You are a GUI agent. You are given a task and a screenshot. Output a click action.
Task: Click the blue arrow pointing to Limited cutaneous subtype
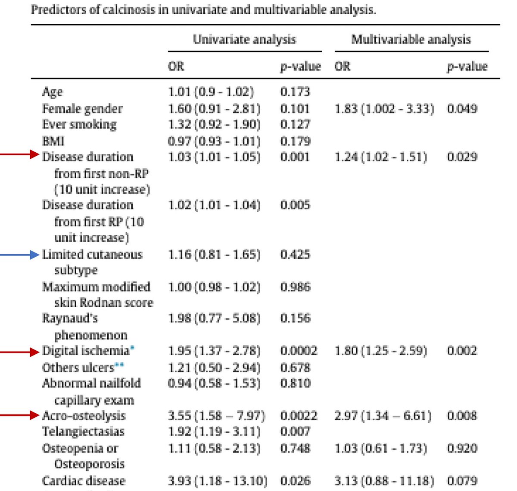point(19,255)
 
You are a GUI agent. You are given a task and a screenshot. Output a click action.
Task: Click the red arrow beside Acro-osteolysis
point(19,415)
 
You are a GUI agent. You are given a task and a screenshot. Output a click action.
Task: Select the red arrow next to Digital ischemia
point(19,352)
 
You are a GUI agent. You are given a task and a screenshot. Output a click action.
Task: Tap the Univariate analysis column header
point(244,40)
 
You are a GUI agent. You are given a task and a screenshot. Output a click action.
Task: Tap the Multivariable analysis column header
point(411,40)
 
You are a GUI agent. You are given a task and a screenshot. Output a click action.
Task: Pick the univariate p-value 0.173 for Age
point(295,91)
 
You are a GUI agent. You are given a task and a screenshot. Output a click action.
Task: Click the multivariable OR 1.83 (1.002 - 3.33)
point(384,108)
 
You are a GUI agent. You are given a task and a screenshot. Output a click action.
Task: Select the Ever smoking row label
point(79,125)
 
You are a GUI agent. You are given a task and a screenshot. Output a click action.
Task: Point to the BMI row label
point(53,141)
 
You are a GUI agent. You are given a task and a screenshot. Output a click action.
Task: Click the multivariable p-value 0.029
point(462,157)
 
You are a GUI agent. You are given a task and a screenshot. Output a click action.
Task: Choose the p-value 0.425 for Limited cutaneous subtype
point(295,255)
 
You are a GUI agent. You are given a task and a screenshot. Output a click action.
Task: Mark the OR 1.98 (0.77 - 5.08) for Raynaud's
point(214,318)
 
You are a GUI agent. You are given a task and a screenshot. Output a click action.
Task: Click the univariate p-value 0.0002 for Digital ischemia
point(299,351)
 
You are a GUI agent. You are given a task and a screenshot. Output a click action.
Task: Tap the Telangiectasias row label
point(83,431)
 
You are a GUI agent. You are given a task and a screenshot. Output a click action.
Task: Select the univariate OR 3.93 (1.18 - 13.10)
point(218,481)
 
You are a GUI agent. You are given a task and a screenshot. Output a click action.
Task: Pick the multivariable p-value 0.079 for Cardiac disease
point(462,481)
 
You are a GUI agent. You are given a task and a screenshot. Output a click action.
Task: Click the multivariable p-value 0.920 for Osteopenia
point(462,448)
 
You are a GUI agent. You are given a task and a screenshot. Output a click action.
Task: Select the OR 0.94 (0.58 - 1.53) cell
point(214,383)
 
